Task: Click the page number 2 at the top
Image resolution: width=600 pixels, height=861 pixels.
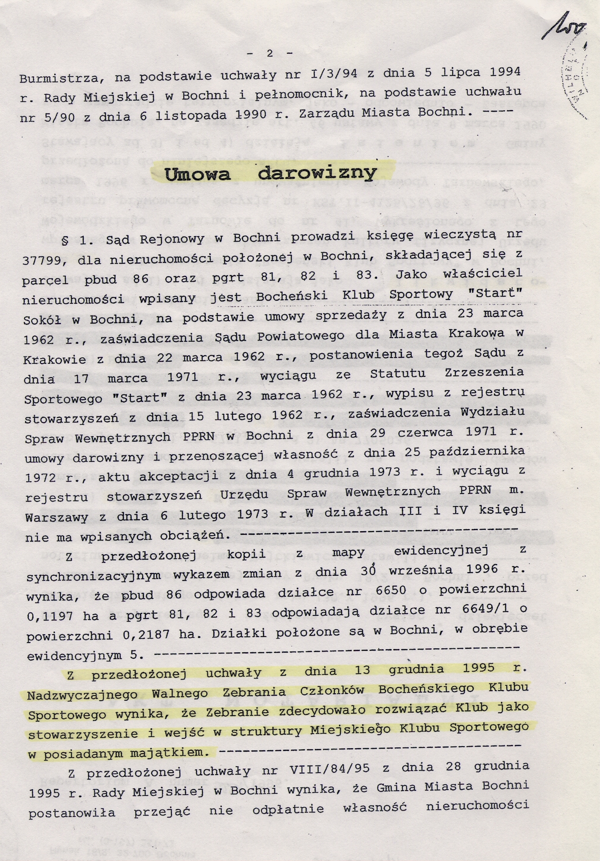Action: [x=270, y=54]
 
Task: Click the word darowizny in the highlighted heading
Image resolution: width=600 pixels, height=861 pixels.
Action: [x=317, y=173]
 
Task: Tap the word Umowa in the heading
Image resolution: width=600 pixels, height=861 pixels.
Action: [x=198, y=174]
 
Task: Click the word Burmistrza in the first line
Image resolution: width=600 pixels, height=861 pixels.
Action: [x=62, y=79]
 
